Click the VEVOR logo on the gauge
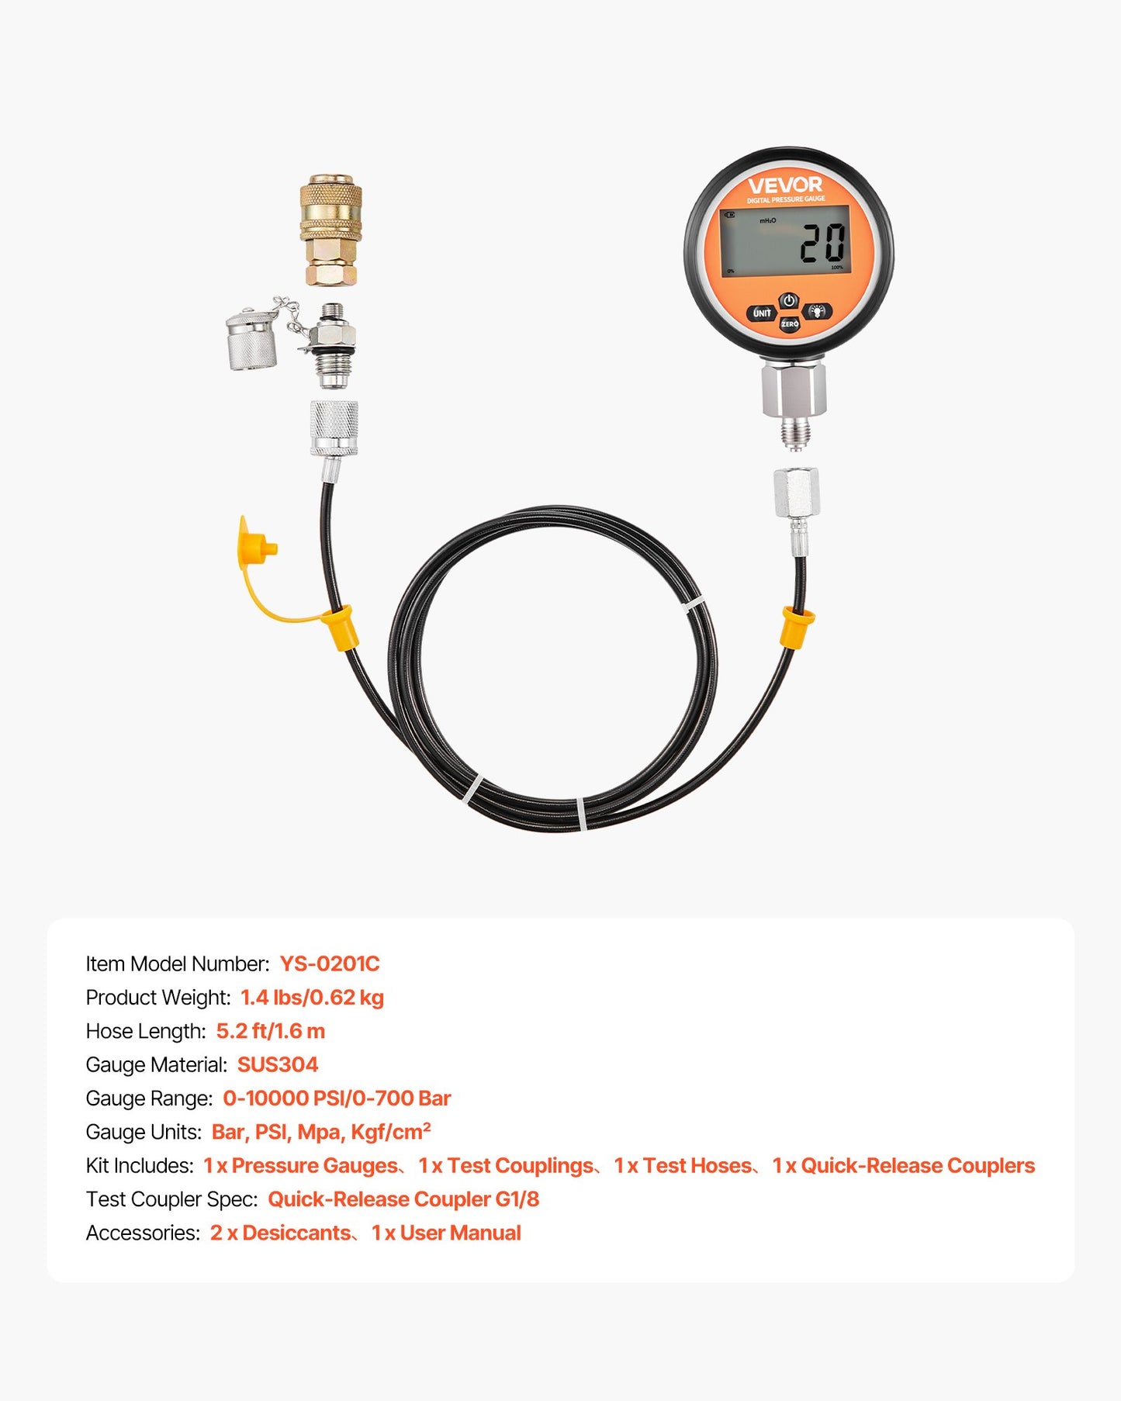[785, 185]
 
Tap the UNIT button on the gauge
[762, 313]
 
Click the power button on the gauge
[789, 300]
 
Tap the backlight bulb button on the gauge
[817, 312]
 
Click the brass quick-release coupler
[331, 230]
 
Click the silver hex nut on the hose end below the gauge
[796, 493]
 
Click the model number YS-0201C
[330, 963]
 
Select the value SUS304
[278, 1064]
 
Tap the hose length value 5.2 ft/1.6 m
[271, 1031]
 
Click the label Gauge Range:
[149, 1098]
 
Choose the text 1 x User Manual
[446, 1233]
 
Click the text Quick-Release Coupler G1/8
[403, 1199]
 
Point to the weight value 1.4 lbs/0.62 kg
[312, 998]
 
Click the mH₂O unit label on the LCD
[767, 221]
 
